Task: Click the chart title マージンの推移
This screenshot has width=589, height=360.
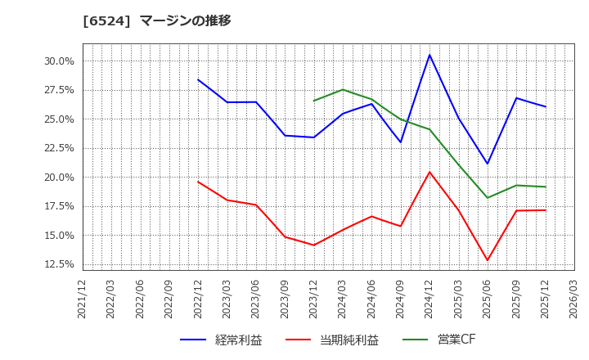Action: [185, 20]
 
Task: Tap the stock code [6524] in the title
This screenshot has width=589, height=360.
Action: [107, 20]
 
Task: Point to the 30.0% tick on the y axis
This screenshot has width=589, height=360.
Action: [58, 61]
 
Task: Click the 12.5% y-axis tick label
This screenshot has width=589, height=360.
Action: [58, 264]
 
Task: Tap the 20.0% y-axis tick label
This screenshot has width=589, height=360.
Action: [58, 178]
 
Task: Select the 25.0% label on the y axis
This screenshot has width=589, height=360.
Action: [58, 119]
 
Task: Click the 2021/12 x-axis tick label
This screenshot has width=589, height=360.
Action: [83, 299]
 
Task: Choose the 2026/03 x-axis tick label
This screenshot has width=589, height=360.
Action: [574, 299]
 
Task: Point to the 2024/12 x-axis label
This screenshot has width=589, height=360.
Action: [429, 299]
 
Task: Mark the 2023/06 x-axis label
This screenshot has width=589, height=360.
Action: [256, 299]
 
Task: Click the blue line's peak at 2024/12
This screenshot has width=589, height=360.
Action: [429, 55]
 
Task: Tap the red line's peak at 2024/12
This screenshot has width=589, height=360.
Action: [429, 172]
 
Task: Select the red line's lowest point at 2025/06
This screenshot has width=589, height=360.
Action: [488, 260]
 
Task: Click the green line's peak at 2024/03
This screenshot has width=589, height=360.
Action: [343, 90]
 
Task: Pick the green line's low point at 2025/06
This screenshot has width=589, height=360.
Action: [488, 198]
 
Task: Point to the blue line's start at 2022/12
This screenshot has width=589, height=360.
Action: [198, 79]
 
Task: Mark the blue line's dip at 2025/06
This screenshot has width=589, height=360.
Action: [488, 164]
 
